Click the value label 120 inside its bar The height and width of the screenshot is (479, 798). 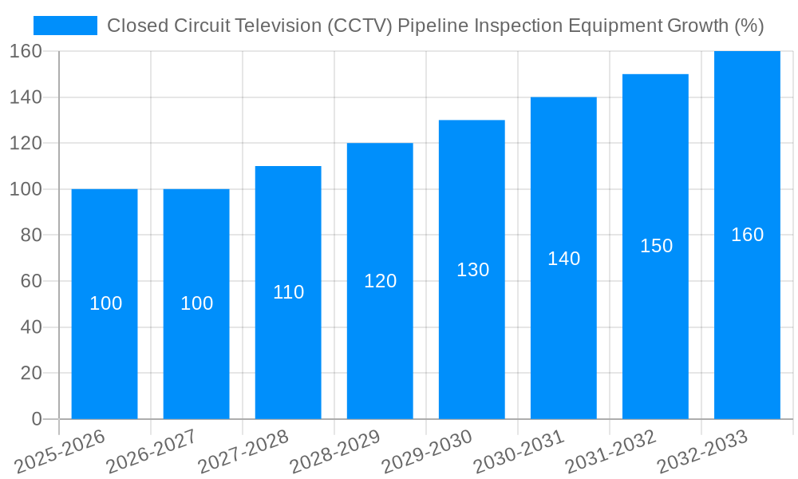380,281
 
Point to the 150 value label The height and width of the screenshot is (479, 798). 656,246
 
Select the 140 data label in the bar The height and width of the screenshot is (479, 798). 563,259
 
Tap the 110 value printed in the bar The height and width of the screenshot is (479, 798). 288,292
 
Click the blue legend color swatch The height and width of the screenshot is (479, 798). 65,26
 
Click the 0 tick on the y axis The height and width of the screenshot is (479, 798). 36,419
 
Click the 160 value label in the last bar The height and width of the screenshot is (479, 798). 747,235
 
